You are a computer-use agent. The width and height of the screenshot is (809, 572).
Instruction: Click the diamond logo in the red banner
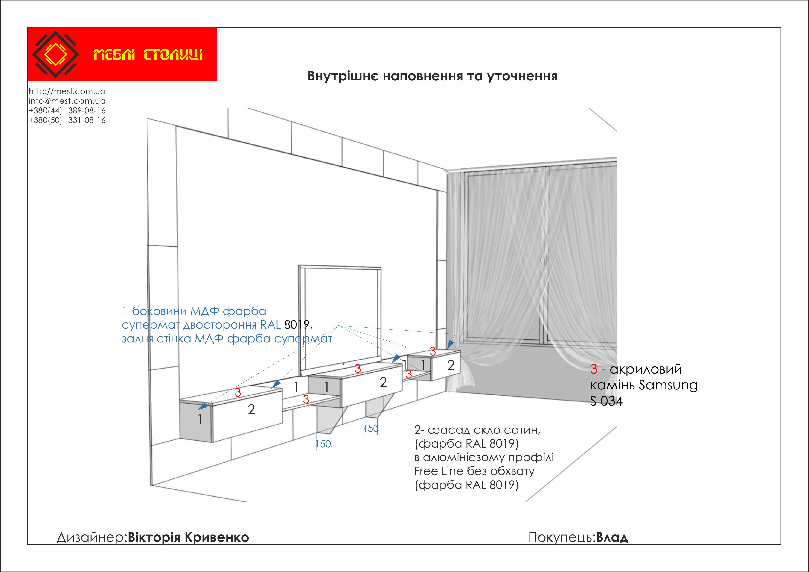(x=55, y=54)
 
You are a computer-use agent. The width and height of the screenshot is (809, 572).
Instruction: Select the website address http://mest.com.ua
(x=67, y=91)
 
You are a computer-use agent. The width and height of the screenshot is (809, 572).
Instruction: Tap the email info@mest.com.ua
(x=67, y=101)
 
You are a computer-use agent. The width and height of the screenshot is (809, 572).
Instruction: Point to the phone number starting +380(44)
(x=67, y=111)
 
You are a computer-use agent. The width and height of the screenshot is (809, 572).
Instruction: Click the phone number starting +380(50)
(x=67, y=120)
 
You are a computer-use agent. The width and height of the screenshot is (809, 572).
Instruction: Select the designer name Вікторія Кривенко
(x=188, y=537)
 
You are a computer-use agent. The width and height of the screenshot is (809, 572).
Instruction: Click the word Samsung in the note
(x=668, y=385)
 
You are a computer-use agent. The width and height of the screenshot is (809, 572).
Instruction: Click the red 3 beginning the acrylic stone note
(x=594, y=369)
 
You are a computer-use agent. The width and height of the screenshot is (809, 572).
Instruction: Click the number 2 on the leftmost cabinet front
(x=251, y=410)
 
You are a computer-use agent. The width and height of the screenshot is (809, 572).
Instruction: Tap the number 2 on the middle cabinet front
(x=383, y=383)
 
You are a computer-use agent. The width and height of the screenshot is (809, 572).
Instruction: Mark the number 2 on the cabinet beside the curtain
(x=451, y=365)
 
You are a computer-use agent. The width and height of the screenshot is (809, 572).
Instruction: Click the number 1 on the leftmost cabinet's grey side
(x=200, y=420)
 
